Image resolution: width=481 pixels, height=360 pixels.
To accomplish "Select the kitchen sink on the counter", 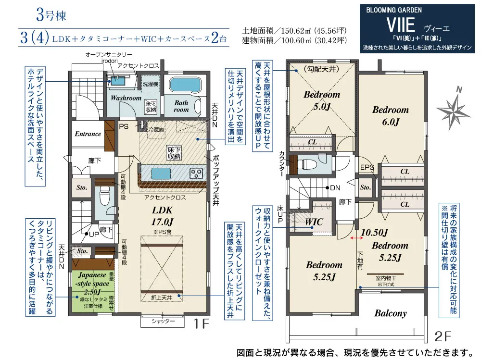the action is pos(158,173).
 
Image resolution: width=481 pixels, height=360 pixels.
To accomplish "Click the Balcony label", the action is pos(390,313).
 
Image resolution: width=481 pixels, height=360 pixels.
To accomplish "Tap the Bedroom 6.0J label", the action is pos(391,116).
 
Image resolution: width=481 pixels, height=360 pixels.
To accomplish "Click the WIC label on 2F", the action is pos(314,222).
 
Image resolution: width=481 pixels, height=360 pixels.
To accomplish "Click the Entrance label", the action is pos(88,134).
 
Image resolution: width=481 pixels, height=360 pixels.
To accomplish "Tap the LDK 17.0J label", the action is pos(162,216).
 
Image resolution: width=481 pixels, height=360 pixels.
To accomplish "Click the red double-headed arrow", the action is pos(355,238).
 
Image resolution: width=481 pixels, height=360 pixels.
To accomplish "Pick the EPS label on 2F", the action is pos(367,167).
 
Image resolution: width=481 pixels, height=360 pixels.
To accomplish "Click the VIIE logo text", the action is pos(401,25).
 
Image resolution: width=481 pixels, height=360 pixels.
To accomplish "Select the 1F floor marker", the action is pos(201,323).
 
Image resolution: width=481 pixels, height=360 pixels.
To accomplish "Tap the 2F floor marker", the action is pos(443,337).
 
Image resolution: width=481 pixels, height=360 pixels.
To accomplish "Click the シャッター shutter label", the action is pos(163,322).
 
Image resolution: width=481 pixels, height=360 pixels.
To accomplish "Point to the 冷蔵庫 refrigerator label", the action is pos(156,130).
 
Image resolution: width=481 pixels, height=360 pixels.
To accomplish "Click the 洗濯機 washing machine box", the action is pos(150,84).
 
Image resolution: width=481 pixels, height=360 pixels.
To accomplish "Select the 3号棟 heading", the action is pos(51,15).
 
